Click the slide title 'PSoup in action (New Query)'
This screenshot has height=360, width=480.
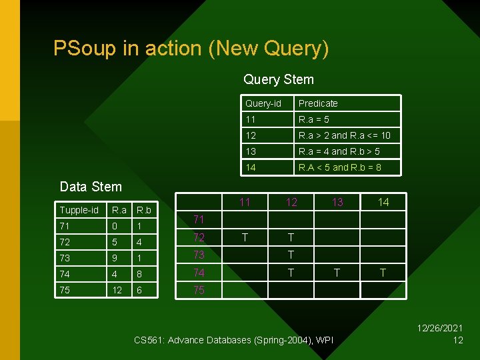point(191,49)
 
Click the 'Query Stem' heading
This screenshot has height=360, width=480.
point(278,79)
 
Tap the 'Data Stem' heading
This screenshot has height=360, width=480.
point(91,187)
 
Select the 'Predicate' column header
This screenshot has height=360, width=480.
point(318,103)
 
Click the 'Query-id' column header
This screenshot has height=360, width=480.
point(263,103)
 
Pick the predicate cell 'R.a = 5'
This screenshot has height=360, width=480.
point(313,119)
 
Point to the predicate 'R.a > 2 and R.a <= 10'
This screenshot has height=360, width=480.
point(344,135)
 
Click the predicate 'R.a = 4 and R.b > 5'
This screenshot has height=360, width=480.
point(339,151)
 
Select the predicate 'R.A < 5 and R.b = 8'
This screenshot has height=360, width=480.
point(339,167)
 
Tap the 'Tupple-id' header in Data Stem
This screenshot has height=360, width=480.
point(79,210)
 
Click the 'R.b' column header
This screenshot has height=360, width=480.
point(143,210)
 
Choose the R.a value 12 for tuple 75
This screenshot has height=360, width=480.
point(117,290)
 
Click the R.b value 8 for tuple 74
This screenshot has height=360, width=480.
point(139,274)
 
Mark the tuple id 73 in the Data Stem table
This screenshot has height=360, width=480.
point(65,258)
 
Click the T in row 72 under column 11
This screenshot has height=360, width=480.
point(245,237)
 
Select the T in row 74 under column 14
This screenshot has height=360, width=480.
point(383,272)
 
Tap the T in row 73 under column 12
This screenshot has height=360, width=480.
point(291,255)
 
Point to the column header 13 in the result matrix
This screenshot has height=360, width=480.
point(337,202)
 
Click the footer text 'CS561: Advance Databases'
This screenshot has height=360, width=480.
point(193,341)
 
